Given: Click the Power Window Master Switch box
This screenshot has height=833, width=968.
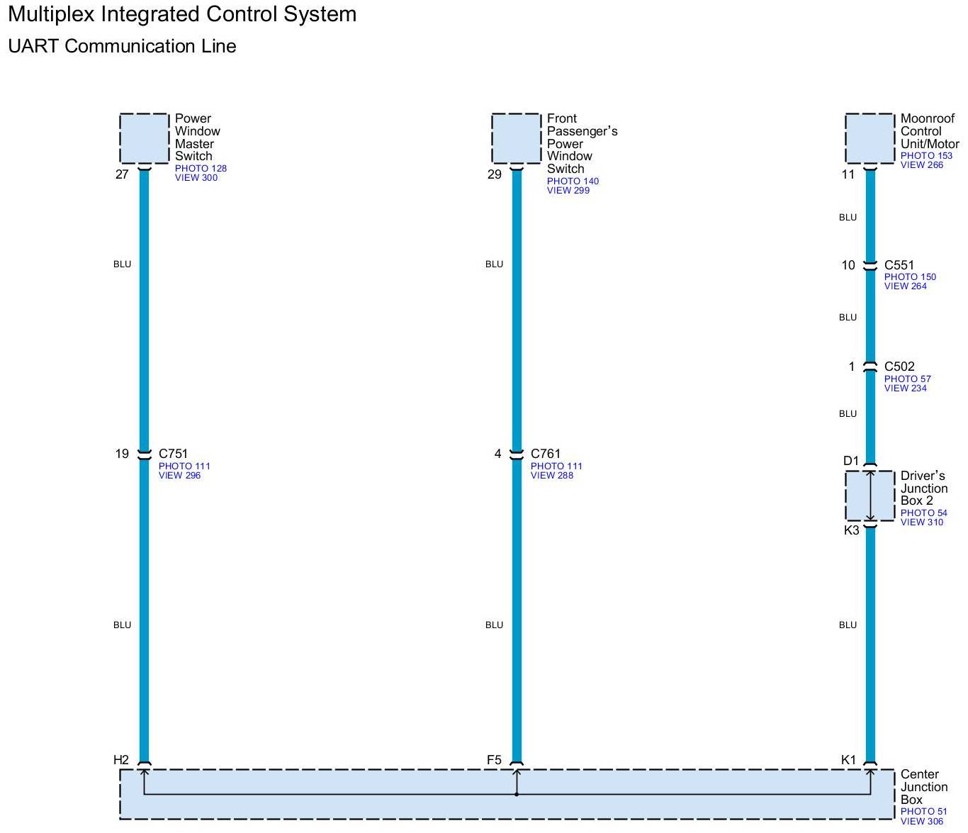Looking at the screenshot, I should [x=145, y=138].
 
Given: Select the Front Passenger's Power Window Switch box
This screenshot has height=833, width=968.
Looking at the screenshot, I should [x=516, y=138].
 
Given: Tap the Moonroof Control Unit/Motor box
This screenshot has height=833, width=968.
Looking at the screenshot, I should [x=870, y=138].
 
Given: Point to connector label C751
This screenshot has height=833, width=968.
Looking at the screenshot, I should [x=174, y=454].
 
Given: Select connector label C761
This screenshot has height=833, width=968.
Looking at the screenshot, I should [x=546, y=454].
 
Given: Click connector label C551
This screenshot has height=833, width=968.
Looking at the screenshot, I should [x=899, y=265].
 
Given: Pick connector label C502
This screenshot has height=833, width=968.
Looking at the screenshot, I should [x=899, y=367].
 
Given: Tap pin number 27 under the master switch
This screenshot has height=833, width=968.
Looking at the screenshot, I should [x=122, y=174].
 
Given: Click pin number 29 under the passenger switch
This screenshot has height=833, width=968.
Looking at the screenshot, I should [x=494, y=174].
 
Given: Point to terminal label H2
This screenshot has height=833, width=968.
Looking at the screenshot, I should [x=121, y=760].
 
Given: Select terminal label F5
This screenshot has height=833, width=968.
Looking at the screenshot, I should [x=494, y=760].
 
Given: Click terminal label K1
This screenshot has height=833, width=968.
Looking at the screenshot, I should [x=848, y=760].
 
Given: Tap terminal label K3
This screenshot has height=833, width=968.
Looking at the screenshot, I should [x=851, y=530].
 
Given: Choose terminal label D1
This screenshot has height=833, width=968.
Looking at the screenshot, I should [x=851, y=461].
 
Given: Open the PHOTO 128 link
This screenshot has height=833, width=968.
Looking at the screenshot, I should [x=201, y=169].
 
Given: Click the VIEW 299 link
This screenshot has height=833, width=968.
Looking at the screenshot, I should [x=568, y=191].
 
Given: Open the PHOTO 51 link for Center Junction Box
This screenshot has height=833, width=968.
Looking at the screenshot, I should [x=923, y=812].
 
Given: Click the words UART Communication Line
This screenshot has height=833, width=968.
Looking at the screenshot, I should [x=122, y=47].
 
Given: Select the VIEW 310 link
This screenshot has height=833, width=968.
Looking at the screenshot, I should [x=922, y=522].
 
